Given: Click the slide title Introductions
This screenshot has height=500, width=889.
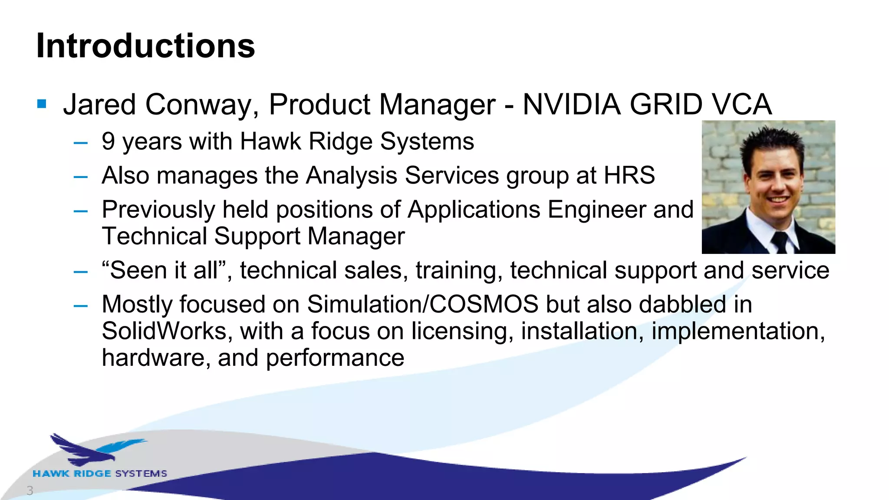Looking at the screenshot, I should (145, 46).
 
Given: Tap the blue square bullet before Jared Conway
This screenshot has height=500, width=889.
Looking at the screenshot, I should (42, 104).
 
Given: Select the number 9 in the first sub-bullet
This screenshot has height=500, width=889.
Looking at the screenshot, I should (108, 141).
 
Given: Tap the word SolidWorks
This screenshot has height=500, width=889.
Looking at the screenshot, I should (164, 331).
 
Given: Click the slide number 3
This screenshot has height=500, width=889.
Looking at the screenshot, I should (30, 490).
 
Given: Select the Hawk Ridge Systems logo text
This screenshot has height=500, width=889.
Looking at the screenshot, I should (100, 474).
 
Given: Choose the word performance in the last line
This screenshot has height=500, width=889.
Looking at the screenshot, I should (335, 358).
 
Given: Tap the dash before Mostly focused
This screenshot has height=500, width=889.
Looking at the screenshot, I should (81, 306).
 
